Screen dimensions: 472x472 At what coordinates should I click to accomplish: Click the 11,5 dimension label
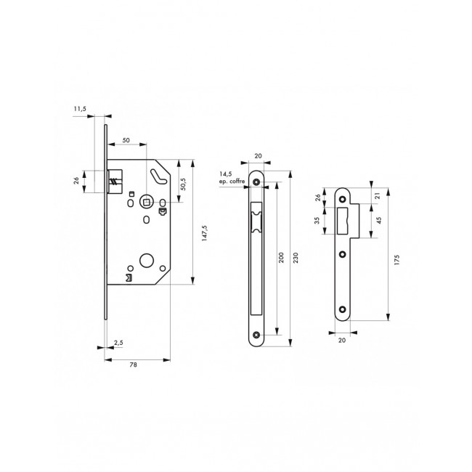(80, 109)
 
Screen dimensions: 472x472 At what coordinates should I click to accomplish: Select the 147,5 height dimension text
(204, 233)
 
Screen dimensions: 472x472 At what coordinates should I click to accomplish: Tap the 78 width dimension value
(133, 365)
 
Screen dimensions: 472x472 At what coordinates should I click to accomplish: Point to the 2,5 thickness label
(118, 343)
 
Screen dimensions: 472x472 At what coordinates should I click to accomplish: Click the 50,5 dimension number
(183, 184)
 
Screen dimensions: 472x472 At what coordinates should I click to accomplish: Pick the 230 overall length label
(296, 258)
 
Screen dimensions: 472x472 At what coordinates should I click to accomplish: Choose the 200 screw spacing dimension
(281, 258)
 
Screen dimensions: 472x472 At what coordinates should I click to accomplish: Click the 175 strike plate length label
(396, 260)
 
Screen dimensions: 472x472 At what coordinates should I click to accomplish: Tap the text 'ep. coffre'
(232, 182)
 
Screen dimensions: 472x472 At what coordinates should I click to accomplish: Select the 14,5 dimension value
(225, 174)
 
